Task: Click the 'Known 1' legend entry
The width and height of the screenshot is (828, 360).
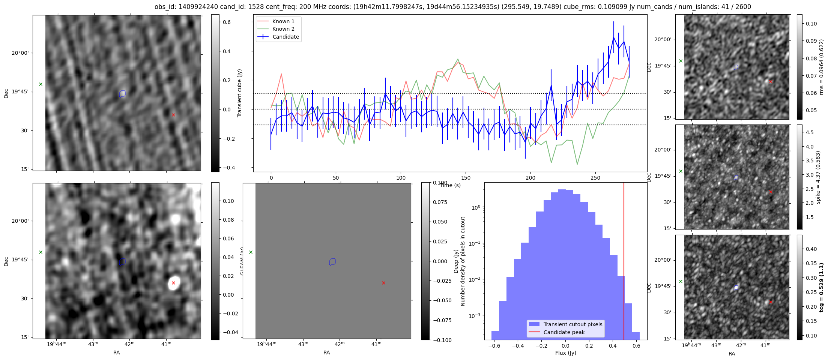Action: coord(283,21)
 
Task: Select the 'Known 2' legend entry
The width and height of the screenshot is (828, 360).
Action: coord(283,29)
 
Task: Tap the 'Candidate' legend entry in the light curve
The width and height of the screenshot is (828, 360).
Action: coord(285,37)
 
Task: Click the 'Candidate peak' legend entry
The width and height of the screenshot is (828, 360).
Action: coord(564,332)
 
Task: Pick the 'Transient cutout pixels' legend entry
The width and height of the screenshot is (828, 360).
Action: coord(573,324)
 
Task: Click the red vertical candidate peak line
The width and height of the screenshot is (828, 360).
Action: coord(624,262)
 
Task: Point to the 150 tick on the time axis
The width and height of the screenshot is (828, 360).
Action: coord(466,178)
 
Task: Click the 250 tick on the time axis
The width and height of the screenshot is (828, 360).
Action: coord(595,178)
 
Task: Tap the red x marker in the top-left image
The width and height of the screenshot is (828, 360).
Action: coord(173,115)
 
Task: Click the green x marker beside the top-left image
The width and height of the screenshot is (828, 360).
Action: coord(41,84)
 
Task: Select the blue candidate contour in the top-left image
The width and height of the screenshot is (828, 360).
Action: coord(122,93)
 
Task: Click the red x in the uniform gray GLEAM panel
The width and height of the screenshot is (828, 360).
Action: coord(383,283)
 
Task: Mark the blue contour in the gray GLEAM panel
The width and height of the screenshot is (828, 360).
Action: coord(332,262)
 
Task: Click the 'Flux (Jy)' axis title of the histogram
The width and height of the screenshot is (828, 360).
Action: coord(565,353)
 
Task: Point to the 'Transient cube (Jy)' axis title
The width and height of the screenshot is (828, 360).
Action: coord(240,93)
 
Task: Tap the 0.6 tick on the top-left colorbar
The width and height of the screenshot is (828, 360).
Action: coord(227,22)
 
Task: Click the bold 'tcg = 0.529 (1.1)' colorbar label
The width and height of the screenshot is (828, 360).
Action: coord(821,287)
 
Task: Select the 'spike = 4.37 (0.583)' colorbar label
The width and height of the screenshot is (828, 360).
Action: coord(818,177)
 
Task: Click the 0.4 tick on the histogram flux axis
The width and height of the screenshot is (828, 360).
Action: coord(613,346)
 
